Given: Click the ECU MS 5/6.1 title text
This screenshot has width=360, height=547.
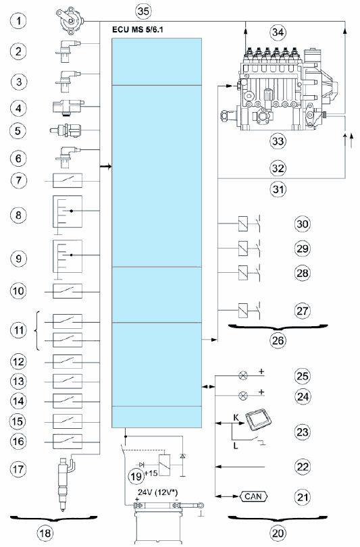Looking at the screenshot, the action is [x=137, y=30].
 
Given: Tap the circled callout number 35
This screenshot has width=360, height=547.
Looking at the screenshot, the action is [x=143, y=11].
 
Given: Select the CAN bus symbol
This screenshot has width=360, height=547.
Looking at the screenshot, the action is [x=253, y=496].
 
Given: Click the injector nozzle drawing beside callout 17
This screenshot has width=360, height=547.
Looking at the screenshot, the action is [x=65, y=483].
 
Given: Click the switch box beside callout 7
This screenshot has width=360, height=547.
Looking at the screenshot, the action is [x=68, y=181].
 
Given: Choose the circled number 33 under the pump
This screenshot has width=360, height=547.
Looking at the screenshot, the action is [x=278, y=141].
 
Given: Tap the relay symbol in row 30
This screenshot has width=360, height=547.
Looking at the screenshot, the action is [x=243, y=224].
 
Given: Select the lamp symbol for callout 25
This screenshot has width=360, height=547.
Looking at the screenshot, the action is [x=243, y=375].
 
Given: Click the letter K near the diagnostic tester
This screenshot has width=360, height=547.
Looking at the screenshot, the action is [x=236, y=417].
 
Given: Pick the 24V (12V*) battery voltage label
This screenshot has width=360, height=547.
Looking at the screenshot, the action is [x=157, y=493].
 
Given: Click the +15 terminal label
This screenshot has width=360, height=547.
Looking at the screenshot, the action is [x=151, y=473].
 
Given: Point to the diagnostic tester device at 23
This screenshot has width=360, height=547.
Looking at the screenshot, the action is [x=259, y=421].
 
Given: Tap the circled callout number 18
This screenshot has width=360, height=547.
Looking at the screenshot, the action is [x=45, y=533].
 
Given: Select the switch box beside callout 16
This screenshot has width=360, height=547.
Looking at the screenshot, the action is [x=68, y=442].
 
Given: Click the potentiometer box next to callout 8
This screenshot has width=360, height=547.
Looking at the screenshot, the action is [x=68, y=211].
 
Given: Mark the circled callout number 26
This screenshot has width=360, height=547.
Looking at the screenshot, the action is [x=278, y=340].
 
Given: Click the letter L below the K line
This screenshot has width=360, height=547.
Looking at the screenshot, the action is [x=236, y=446].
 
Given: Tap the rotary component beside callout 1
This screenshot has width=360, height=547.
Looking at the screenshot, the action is [x=70, y=20].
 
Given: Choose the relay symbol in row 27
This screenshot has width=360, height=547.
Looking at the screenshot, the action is [x=243, y=310].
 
